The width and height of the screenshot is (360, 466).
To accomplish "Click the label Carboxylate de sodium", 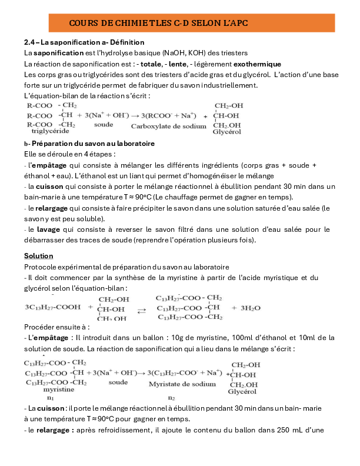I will pyautogui.click(x=164, y=126).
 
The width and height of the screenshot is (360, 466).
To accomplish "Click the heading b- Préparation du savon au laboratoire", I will pyautogui.click(x=89, y=144).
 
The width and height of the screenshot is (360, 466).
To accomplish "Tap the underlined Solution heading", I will pyautogui.click(x=38, y=256).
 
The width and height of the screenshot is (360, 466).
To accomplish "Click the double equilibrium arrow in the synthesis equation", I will pyautogui.click(x=142, y=309).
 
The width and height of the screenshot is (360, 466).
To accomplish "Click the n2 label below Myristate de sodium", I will pyautogui.click(x=172, y=398).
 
